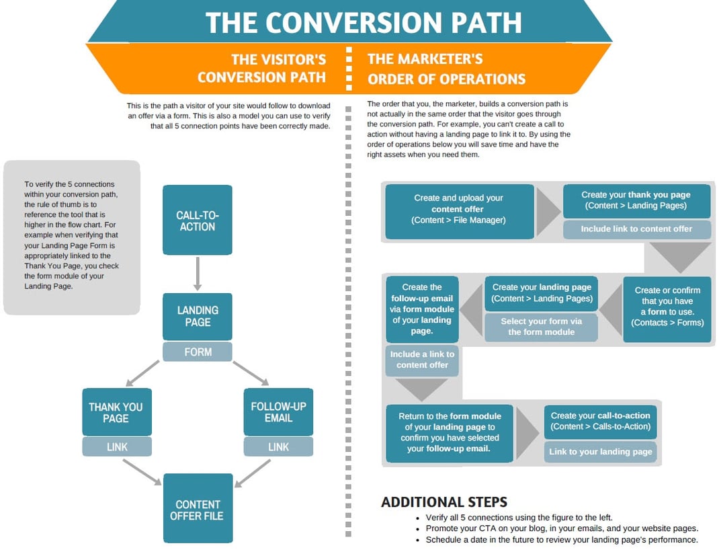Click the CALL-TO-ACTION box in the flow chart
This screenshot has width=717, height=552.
[x=198, y=220]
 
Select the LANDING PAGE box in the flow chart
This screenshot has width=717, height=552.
[x=198, y=316]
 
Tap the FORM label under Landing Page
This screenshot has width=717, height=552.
[x=198, y=352]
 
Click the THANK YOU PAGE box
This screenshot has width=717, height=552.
[x=116, y=411]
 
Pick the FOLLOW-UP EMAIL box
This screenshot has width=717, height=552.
[x=278, y=411]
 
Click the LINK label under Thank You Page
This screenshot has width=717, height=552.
[x=117, y=446]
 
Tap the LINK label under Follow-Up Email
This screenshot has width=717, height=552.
[x=278, y=446]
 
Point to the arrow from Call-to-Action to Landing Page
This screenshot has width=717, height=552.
[x=198, y=273]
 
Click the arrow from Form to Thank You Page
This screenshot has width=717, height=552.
[x=143, y=374]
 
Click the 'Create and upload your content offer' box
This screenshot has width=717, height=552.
[x=459, y=209]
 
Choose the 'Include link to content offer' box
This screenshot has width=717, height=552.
[x=636, y=229]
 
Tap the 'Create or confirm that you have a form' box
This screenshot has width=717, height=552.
[x=667, y=307]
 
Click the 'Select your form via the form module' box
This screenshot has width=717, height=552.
[x=541, y=327]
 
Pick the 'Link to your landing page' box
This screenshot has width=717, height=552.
[x=600, y=451]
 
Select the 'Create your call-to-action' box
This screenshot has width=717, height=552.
[x=600, y=421]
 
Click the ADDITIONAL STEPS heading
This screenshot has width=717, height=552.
[x=444, y=502]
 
